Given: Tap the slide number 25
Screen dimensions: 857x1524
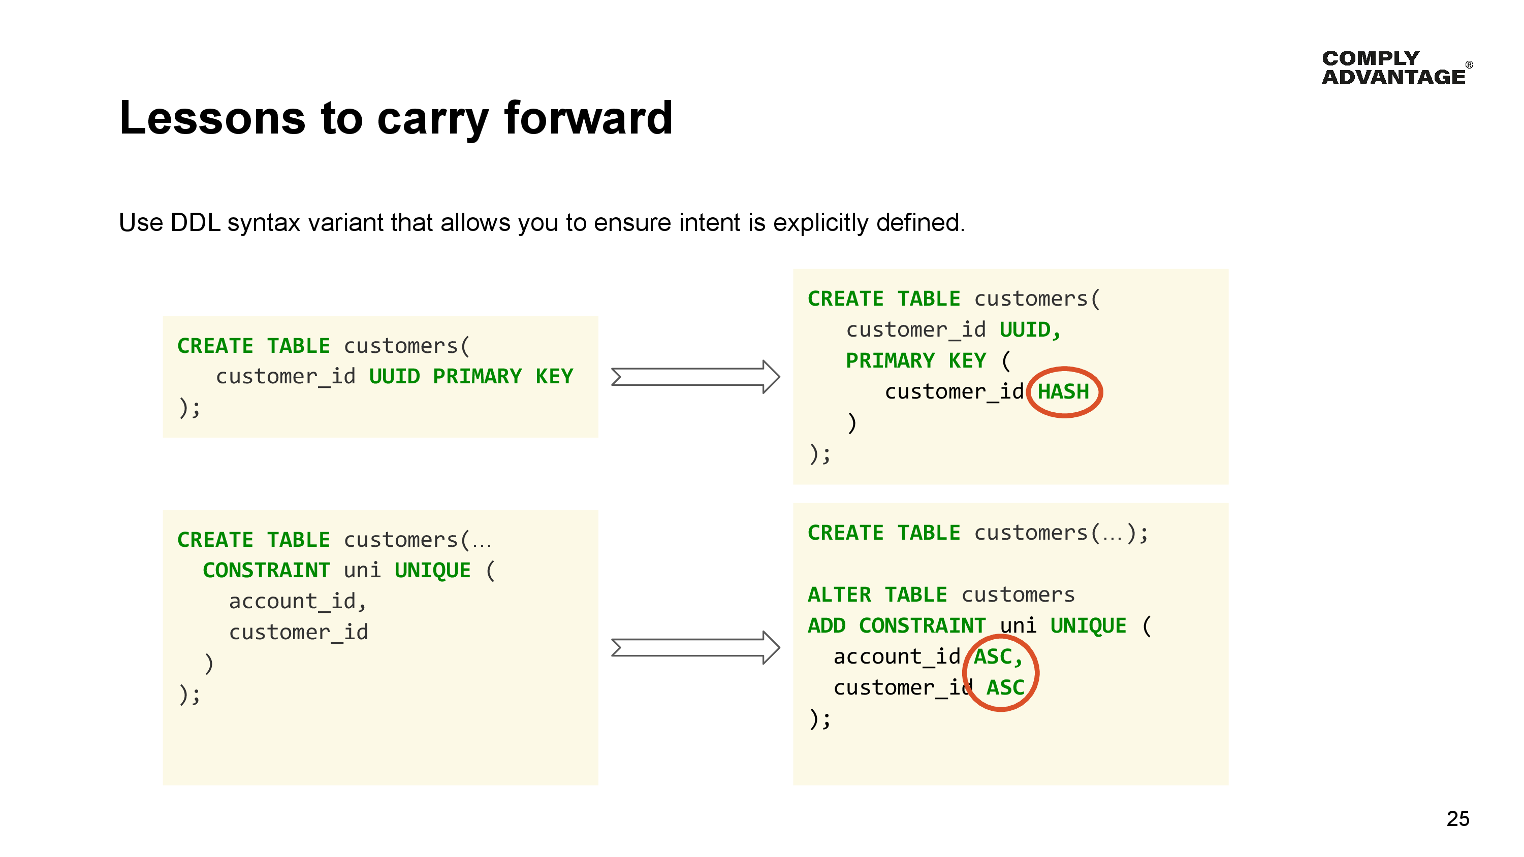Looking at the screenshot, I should click(x=1457, y=818).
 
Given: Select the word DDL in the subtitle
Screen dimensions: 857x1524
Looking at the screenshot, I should click(x=195, y=223).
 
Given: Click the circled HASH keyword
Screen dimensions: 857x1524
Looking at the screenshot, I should click(x=1063, y=391).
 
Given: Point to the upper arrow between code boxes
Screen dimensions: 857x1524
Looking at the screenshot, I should click(x=695, y=377).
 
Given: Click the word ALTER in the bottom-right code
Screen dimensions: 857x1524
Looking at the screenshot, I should click(x=839, y=595).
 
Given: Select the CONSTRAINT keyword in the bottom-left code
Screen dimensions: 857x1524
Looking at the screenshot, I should click(x=266, y=570).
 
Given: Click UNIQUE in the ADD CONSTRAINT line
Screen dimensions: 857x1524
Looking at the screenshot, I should click(x=1088, y=626).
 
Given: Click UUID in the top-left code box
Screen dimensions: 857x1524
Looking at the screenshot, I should click(x=394, y=377).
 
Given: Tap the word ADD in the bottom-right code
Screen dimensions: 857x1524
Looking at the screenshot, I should click(x=826, y=626).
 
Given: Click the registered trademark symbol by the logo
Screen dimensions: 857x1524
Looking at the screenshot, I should click(x=1469, y=64).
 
